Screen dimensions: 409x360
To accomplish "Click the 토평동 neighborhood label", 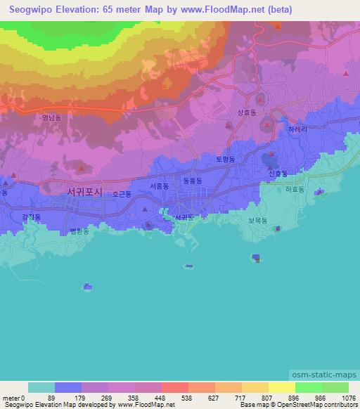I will (x=225, y=160).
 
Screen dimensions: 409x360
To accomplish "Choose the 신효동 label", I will (x=278, y=173).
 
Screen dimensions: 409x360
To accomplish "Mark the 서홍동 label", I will (x=159, y=186).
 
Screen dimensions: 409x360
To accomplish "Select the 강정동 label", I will (x=32, y=217).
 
